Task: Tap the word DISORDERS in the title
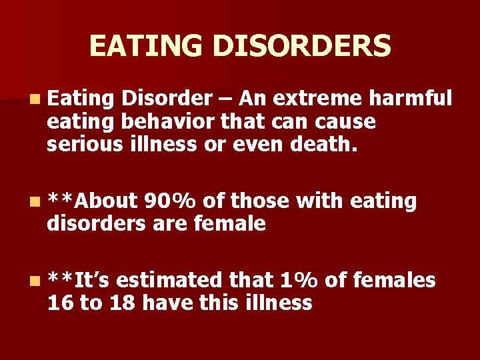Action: (x=302, y=46)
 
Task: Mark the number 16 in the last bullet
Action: (x=59, y=303)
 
